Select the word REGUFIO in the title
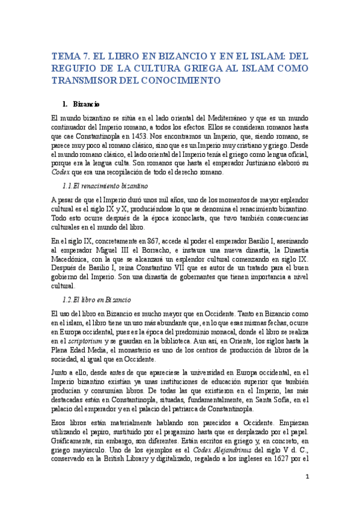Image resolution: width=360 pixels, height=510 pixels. click(x=75, y=68)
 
